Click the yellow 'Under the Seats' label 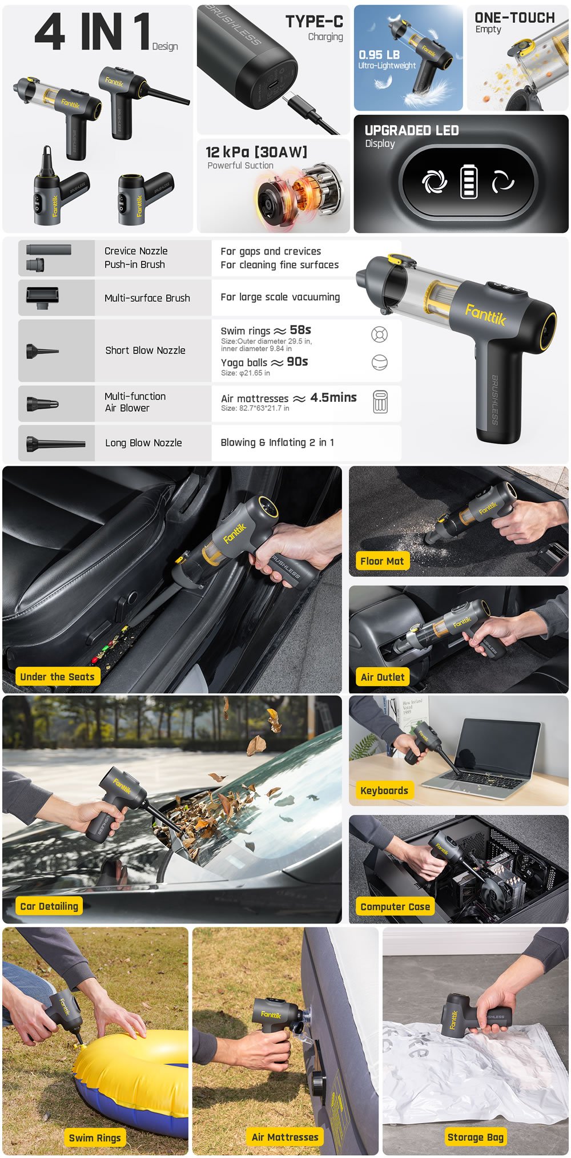(x=57, y=676)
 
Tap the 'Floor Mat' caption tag (x=382, y=561)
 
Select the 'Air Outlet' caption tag (x=383, y=677)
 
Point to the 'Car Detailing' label (x=49, y=906)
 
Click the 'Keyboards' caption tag (x=384, y=790)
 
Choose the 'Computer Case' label (x=395, y=906)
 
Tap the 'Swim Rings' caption (x=95, y=1137)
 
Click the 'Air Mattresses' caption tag (x=285, y=1137)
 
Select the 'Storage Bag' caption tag (x=476, y=1137)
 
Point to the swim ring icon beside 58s (x=380, y=334)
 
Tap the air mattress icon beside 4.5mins (x=380, y=402)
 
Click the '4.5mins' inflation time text (x=333, y=397)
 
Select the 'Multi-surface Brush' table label (x=147, y=298)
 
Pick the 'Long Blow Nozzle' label (x=143, y=443)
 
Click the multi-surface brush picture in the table (x=42, y=297)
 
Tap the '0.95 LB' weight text (x=379, y=55)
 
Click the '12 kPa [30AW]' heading (x=256, y=152)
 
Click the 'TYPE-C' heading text (x=315, y=22)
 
